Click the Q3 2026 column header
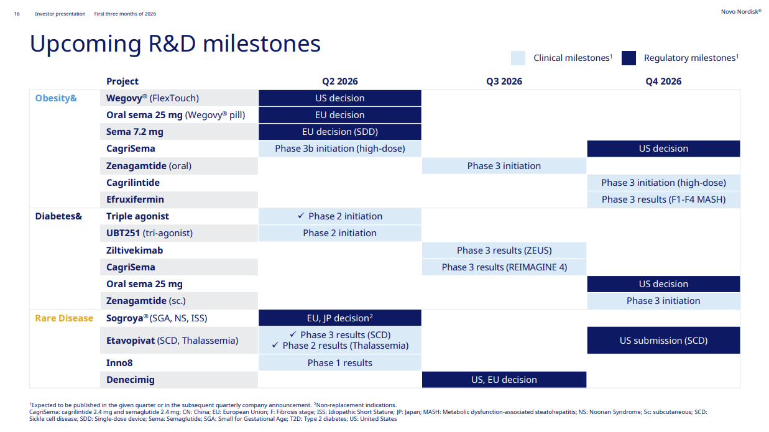(x=504, y=81)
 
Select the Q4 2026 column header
(x=663, y=81)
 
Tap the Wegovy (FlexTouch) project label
(x=152, y=98)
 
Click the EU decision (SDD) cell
(x=340, y=132)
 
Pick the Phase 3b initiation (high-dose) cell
(x=340, y=149)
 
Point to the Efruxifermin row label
(x=135, y=200)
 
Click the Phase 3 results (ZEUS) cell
(x=504, y=250)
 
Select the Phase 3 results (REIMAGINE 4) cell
(x=504, y=267)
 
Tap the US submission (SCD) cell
(x=663, y=341)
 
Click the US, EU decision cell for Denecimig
(x=504, y=380)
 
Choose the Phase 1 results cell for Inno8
(x=340, y=362)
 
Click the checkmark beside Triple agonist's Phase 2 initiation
(x=301, y=216)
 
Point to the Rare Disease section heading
(x=64, y=318)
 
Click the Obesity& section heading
(x=56, y=98)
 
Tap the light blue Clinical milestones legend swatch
(x=518, y=58)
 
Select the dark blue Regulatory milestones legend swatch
(x=629, y=58)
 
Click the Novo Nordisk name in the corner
(x=741, y=12)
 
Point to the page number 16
(x=17, y=14)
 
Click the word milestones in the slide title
(x=262, y=44)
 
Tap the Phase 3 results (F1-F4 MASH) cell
(x=663, y=200)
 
